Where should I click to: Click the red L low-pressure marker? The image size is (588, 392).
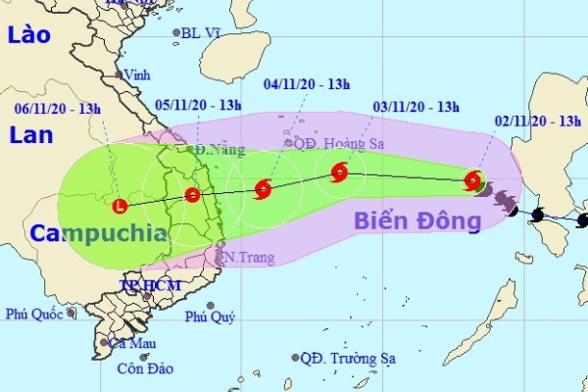pyautogui.click(x=120, y=206)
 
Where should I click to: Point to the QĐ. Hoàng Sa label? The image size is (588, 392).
pyautogui.click(x=333, y=142)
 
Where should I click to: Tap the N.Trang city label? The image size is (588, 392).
pyautogui.click(x=245, y=258)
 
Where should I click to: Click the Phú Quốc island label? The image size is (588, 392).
pyautogui.click(x=33, y=315)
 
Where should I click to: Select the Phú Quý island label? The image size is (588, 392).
pyautogui.click(x=210, y=316)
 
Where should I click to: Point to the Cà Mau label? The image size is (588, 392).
pyautogui.click(x=133, y=343)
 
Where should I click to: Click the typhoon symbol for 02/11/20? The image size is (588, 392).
pyautogui.click(x=473, y=180)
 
